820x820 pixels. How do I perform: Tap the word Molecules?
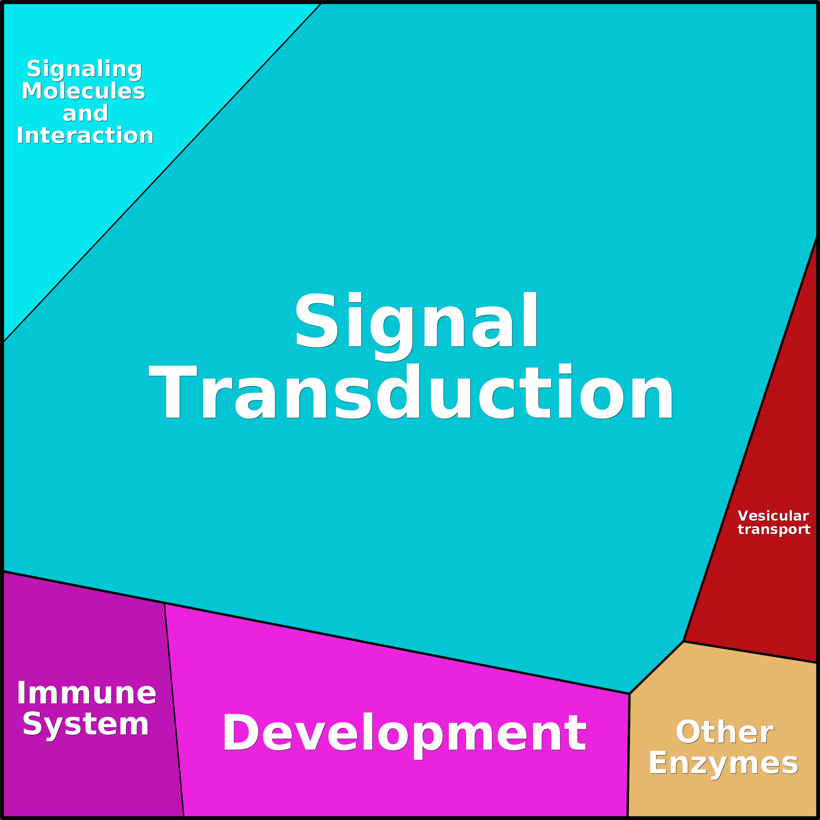[x=83, y=91]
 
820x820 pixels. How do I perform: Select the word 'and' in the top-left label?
[x=85, y=114]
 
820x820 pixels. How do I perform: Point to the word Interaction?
[x=85, y=136]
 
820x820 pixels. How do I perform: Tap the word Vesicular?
[x=773, y=516]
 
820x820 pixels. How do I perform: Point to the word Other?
[x=724, y=732]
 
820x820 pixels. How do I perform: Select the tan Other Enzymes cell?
[x=721, y=696]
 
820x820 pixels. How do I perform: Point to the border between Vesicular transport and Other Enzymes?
[x=751, y=652]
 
